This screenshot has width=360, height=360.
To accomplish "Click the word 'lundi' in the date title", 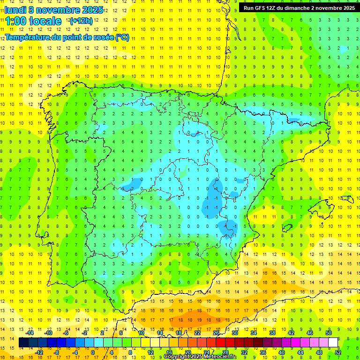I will point(15,10).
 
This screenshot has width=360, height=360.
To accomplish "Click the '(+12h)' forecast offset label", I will point(81,21).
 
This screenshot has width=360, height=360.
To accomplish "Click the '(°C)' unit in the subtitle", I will point(122,37).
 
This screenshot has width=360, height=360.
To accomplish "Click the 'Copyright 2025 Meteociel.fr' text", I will point(200,357).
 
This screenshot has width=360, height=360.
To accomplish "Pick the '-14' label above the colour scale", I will point(30,333).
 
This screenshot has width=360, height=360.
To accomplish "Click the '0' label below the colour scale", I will point(92,352).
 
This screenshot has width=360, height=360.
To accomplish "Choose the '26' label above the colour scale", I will point(216,333).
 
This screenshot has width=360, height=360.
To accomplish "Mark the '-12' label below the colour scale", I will point(39,352).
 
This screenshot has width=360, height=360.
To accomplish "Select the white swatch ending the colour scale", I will point(333,343).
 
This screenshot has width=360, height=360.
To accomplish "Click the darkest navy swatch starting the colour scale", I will point(23,343).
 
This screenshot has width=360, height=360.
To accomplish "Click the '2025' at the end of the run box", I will point(347,8).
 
